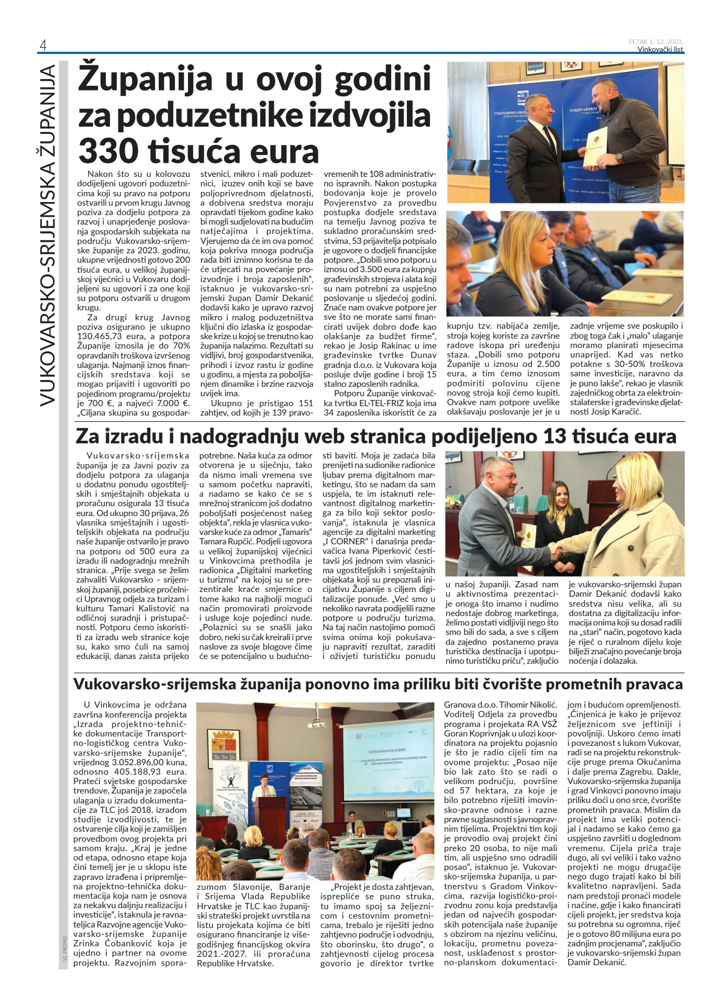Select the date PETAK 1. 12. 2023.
pos(656,41)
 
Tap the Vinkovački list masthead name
pos(660,50)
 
